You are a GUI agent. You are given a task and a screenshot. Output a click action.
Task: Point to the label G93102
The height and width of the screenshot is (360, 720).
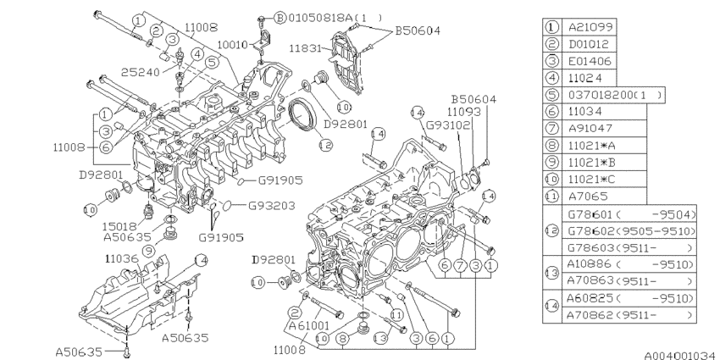point(441,124)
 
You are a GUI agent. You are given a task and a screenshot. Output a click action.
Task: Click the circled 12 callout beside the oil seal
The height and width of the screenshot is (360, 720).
point(325,146)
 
